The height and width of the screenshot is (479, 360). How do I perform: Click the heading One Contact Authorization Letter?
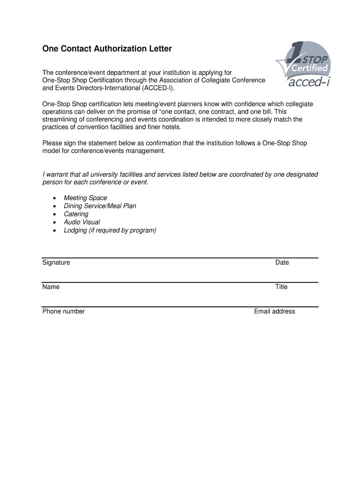(x=107, y=49)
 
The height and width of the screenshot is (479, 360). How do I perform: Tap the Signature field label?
(x=56, y=262)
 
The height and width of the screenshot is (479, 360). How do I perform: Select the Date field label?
(x=282, y=262)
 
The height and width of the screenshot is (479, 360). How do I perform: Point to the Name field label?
(x=51, y=287)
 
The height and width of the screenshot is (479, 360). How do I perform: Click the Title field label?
(x=281, y=287)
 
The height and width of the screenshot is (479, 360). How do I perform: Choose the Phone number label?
(x=64, y=311)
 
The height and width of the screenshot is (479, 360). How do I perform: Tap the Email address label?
(x=274, y=311)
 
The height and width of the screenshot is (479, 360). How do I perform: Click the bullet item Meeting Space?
(x=85, y=198)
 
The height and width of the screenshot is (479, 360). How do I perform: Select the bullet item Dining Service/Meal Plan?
(x=100, y=206)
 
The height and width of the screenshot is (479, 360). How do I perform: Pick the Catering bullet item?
(x=76, y=214)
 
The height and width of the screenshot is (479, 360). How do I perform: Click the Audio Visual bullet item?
(x=82, y=222)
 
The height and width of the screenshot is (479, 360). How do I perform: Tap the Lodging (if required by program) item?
(x=110, y=230)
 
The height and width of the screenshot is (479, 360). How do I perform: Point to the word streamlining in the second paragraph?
(x=61, y=119)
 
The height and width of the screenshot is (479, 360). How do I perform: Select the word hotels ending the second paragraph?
(x=170, y=127)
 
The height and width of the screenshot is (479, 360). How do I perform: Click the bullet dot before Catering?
(x=54, y=214)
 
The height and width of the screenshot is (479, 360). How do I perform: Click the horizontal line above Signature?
(x=180, y=258)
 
